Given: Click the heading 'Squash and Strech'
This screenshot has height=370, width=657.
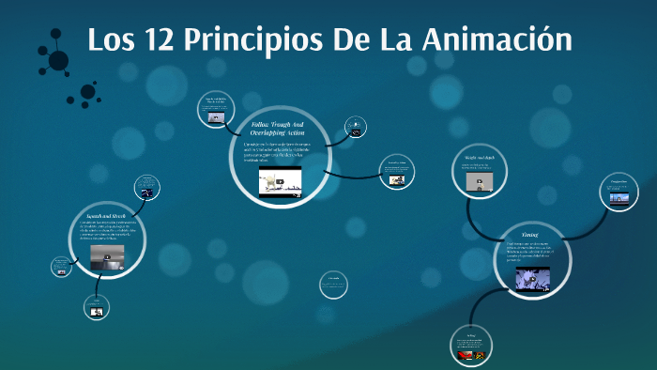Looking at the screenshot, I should point(106,217).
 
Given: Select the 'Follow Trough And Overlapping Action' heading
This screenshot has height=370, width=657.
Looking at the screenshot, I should point(278,129).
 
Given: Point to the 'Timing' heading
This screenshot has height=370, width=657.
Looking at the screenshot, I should point(531,233).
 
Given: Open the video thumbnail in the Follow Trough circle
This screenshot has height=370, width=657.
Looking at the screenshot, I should point(280,180).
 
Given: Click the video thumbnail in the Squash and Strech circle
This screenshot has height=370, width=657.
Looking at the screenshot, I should point(106,256).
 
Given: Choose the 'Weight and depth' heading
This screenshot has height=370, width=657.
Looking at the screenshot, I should point(480,159).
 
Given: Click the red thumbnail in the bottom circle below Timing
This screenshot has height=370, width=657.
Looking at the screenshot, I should point(471,354).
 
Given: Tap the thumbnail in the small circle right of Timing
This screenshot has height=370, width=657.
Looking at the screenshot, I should point(619,197).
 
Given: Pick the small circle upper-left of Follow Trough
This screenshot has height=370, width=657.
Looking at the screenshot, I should point(217,110).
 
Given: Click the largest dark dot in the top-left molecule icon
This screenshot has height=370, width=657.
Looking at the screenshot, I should point(58,61).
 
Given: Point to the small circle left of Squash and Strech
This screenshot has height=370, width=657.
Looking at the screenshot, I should point(62,266).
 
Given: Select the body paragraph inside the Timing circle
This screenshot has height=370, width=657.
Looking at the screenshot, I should point(530,253).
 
